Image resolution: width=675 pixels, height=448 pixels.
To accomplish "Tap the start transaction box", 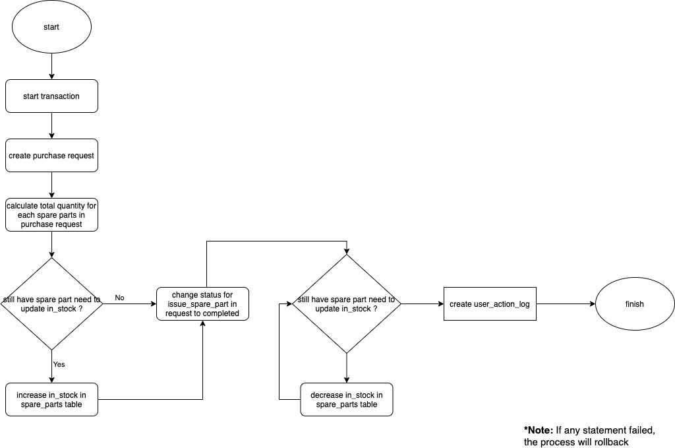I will coord(51,96).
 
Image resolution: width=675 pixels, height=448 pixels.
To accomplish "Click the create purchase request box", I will coord(51,156).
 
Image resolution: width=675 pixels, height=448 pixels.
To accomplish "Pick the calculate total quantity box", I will coord(51,215).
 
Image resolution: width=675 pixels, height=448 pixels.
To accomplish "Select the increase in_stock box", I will coord(51,399).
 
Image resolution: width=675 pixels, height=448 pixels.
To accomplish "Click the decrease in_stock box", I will coord(347,399).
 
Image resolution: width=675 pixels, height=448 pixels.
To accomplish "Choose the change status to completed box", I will coord(202,304).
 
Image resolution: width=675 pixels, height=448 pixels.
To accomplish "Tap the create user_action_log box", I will coord(488,304).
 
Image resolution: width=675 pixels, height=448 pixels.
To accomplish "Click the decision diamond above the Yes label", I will coord(51,304).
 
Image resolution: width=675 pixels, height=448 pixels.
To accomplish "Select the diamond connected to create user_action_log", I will coord(347,304).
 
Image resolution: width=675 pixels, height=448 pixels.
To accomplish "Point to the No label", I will coord(119,298).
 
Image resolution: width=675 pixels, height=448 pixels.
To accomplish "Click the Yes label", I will coord(59,364).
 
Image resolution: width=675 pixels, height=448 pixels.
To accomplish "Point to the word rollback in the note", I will coord(609,442).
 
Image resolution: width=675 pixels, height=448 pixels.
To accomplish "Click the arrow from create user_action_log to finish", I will coord(564,304).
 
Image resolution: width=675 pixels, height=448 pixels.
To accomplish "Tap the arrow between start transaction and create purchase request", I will coord(51,125).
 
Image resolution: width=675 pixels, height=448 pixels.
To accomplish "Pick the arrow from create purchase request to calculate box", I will coord(51,185).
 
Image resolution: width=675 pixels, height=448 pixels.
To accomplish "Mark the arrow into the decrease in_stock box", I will coord(347,368).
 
